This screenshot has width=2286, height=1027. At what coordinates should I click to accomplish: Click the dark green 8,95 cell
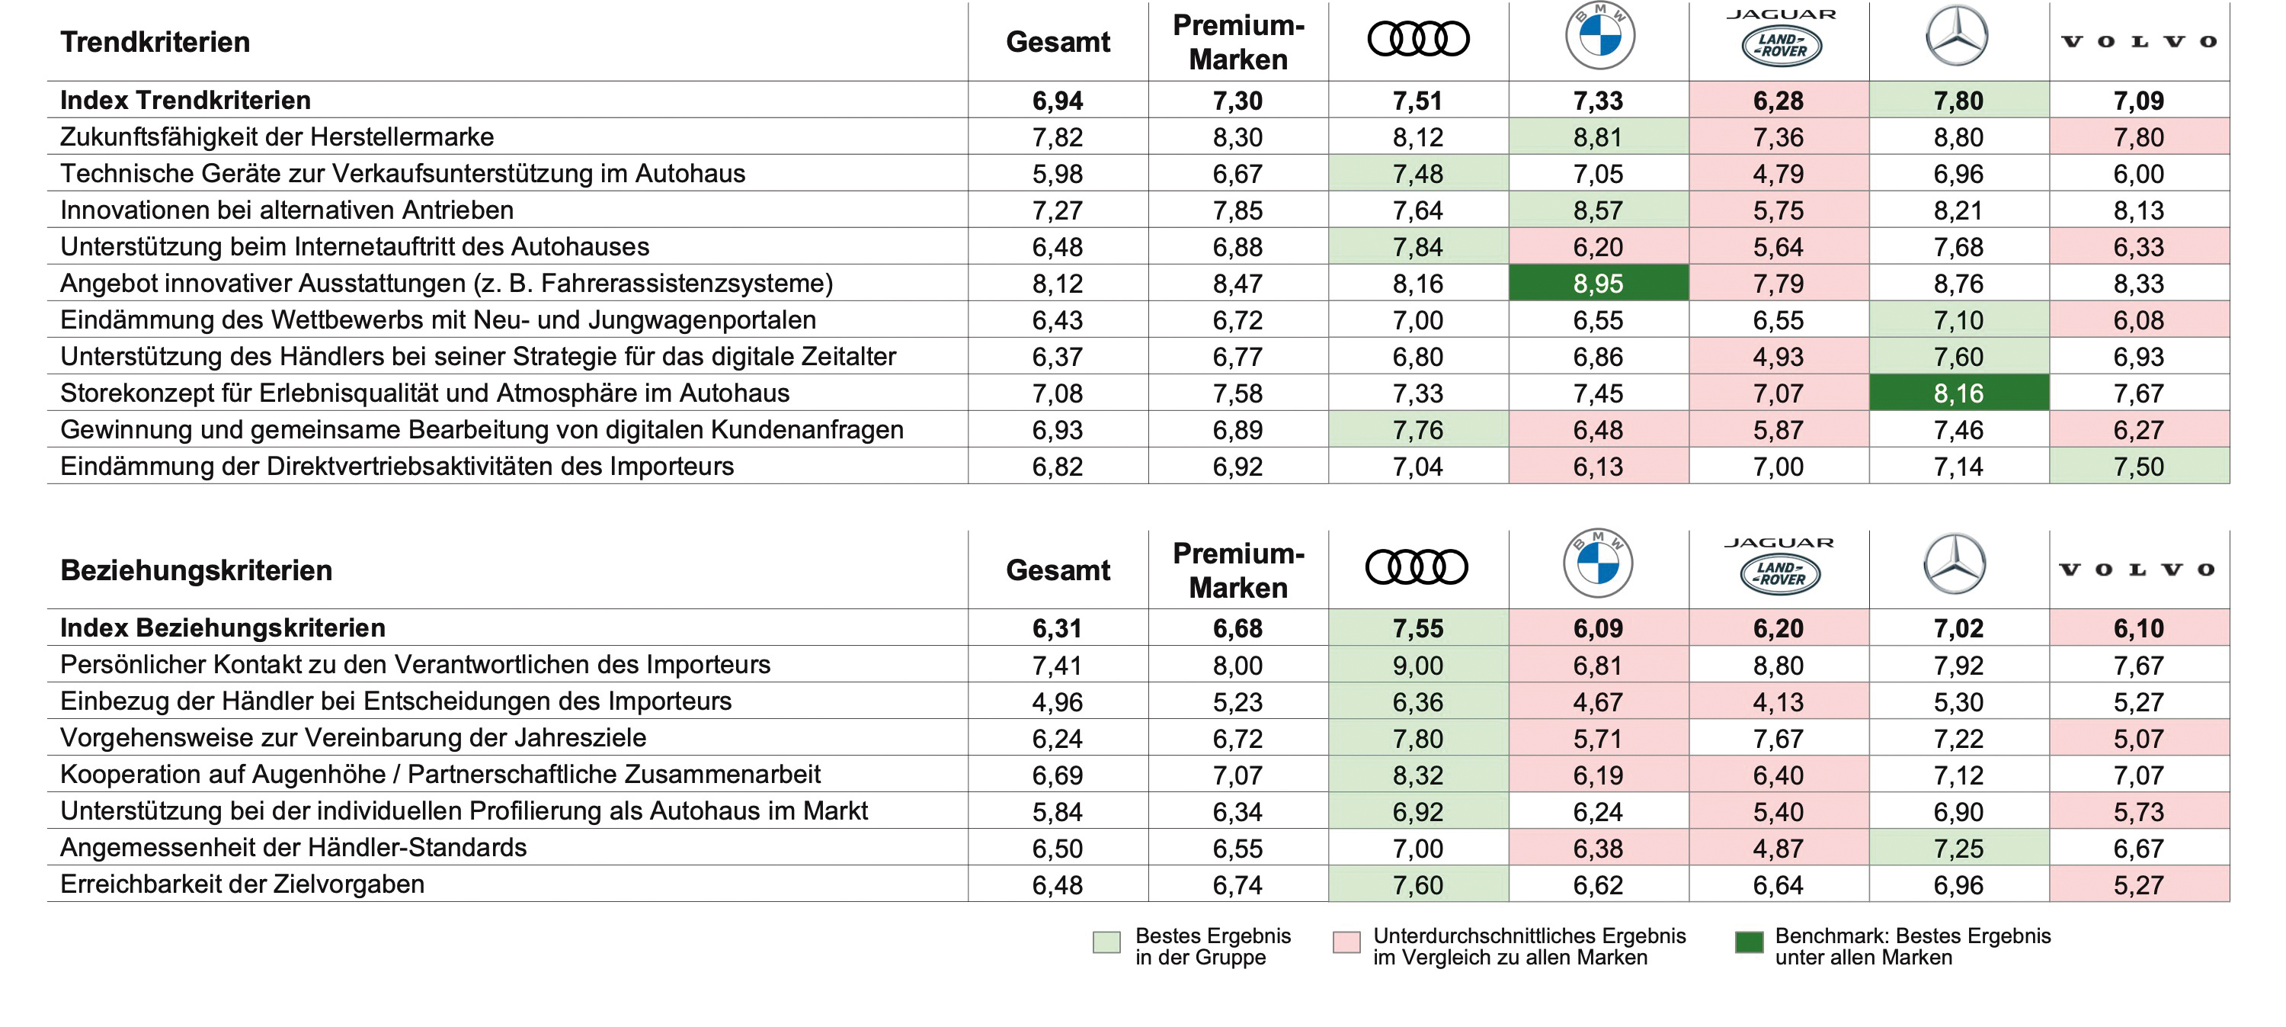(1598, 283)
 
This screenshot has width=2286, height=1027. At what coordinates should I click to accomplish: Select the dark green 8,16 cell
(1958, 393)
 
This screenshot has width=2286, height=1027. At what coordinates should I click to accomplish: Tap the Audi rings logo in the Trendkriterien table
(1418, 39)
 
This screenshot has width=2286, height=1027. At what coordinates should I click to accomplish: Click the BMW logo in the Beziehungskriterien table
(1597, 563)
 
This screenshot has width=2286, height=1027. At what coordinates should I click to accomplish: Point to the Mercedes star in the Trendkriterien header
(1957, 36)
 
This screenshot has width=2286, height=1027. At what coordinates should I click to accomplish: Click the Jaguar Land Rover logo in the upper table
(1781, 38)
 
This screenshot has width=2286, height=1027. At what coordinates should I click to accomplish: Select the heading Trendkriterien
(155, 42)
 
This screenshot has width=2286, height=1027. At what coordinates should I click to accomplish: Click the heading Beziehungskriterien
(196, 570)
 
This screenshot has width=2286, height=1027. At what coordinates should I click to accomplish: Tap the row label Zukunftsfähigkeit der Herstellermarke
(277, 136)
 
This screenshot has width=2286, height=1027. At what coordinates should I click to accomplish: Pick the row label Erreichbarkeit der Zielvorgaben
(242, 884)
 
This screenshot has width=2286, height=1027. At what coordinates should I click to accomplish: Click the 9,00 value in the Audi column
(1418, 665)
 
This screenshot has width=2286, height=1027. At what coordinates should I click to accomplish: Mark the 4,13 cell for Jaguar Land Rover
(1779, 702)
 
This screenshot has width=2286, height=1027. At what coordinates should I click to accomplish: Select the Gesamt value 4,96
(1057, 702)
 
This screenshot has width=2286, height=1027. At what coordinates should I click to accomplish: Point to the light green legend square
(1106, 942)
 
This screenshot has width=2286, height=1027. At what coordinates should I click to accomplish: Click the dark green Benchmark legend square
(1749, 942)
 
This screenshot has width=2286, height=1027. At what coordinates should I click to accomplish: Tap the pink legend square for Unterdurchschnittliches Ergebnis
(1346, 942)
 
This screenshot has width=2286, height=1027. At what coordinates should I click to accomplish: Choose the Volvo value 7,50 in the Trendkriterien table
(2139, 466)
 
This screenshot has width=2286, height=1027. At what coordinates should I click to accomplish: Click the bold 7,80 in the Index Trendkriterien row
(1958, 101)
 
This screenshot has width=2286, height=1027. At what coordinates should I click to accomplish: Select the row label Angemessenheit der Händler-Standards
(293, 848)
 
